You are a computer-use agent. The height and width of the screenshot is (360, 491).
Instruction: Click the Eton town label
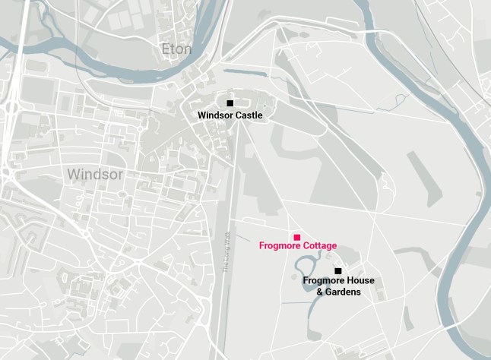[x=176, y=49]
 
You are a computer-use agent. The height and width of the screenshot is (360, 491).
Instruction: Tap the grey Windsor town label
[x=94, y=174]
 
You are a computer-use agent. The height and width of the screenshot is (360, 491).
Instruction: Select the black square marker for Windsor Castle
[x=230, y=103]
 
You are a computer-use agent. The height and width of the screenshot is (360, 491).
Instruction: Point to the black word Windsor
[x=215, y=115]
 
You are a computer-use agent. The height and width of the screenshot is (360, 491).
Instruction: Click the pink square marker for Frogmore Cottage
[x=297, y=237]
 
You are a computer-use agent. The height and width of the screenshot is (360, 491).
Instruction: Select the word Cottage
[x=319, y=246]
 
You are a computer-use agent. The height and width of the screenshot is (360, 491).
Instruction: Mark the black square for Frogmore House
[x=338, y=270]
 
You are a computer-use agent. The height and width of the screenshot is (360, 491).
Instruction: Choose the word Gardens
[x=343, y=292]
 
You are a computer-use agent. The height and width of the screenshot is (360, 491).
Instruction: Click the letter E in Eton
[x=166, y=49]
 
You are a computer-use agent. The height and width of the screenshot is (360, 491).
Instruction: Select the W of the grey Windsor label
[x=73, y=174]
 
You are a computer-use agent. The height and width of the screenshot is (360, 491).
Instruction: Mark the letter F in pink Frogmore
[x=261, y=246]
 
